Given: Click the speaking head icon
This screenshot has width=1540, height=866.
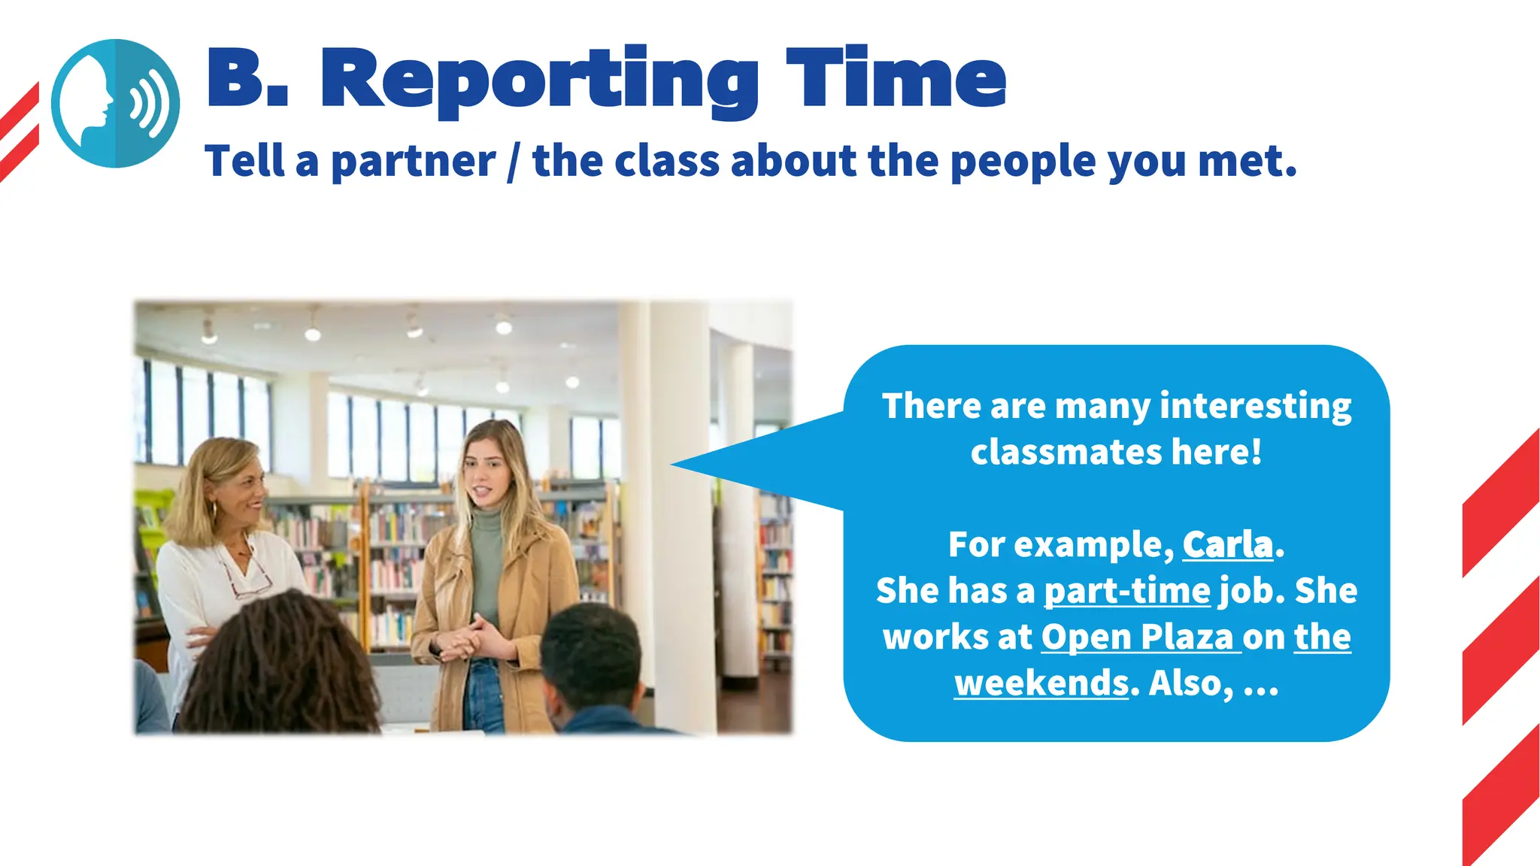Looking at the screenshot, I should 115,103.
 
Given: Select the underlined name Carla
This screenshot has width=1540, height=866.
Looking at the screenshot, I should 1227,544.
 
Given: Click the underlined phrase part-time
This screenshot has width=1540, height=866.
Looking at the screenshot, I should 1126,591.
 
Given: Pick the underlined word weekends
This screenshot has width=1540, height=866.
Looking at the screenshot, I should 1041,683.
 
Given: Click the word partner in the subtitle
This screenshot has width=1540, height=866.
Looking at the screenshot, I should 413,162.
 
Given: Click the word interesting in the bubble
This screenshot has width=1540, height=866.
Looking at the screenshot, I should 1255,406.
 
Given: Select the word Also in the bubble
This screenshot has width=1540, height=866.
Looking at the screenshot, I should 1190,683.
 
